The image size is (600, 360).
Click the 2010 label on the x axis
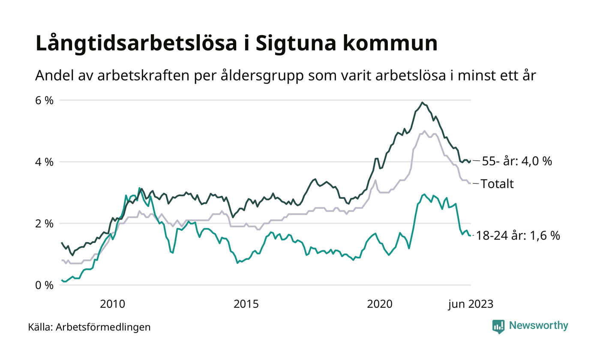[112, 304]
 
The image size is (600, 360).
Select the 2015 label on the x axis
[246, 304]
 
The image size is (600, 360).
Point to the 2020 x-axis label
[380, 304]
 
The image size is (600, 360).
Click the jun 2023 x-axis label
[470, 304]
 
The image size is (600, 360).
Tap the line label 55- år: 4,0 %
[517, 162]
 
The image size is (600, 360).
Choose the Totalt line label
[497, 184]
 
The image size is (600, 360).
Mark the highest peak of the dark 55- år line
[423, 102]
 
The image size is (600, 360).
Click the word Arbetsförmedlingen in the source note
[103, 327]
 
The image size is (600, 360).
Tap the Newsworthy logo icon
[498, 327]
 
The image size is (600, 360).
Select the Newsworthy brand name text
[538, 326]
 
